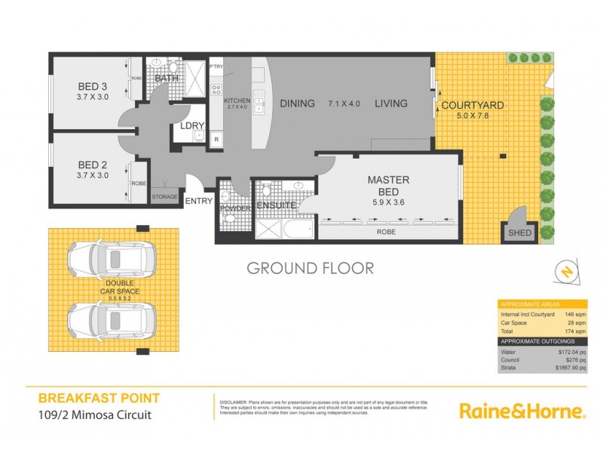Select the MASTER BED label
pos(388,180)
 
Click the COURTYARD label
pos(473,105)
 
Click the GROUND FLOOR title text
pos(310,268)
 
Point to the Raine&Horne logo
pos(522,411)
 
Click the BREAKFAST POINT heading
pos(99,398)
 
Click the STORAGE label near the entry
pos(164,197)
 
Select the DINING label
pos(297,104)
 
